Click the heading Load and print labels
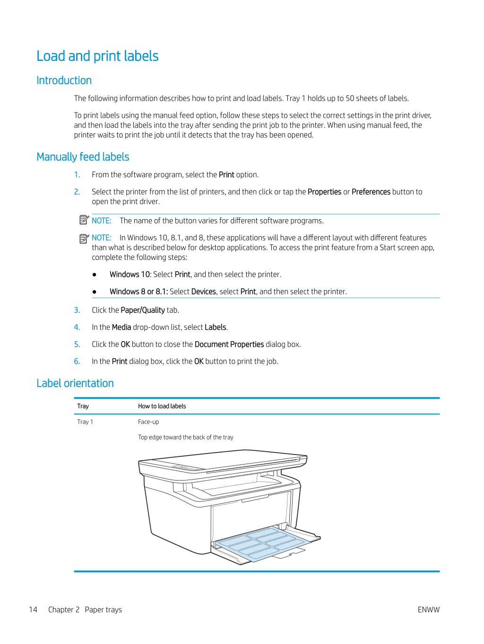[97, 56]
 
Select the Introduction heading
[64, 80]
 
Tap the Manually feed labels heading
[83, 157]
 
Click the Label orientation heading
[75, 383]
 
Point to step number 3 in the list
[77, 310]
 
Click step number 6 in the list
[77, 361]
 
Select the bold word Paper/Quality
[143, 310]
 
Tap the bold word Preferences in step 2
[371, 192]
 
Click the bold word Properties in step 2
[324, 192]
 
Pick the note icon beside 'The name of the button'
[84, 220]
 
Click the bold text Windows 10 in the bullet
[130, 275]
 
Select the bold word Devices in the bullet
[204, 292]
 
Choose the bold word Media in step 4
[121, 327]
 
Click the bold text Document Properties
[229, 344]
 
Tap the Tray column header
[83, 406]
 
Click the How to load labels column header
[162, 406]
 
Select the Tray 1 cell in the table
[85, 421]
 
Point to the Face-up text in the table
[148, 421]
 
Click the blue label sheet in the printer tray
[260, 543]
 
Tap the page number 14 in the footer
[33, 610]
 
